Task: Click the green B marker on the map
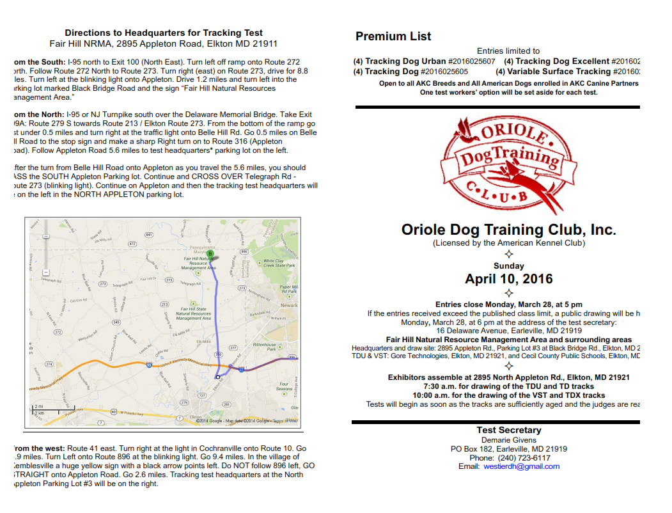(210, 254)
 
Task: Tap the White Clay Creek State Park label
(279, 263)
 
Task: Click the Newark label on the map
(289, 305)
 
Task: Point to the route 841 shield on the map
(149, 235)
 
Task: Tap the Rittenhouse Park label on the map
(264, 347)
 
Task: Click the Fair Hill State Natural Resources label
(192, 313)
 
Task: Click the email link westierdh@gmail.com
(521, 466)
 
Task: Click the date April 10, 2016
(509, 279)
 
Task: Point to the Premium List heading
(393, 36)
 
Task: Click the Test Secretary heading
(508, 430)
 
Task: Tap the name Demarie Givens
(508, 440)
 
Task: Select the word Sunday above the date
(509, 265)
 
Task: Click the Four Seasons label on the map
(284, 386)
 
